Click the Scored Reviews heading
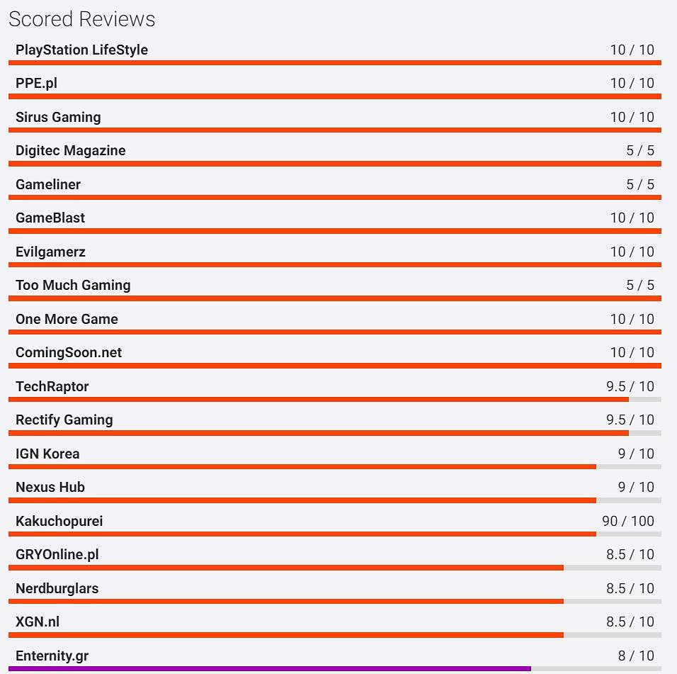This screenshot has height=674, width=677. pos(82,19)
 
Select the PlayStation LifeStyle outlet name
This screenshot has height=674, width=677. pos(81,50)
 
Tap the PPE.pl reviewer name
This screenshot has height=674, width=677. pos(36,83)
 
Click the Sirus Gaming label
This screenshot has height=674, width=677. pos(58,117)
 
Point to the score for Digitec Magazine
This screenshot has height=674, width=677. pos(640,150)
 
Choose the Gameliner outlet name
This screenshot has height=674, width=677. pos(48,184)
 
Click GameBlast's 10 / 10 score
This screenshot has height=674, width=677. pos(632,218)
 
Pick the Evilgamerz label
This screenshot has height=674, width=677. pos(50,252)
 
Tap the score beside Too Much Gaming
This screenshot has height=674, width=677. pos(640,285)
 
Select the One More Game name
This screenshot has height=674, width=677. pos(67,319)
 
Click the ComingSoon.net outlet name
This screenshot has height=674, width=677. pos(69,352)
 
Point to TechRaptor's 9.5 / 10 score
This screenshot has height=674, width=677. pos(630,386)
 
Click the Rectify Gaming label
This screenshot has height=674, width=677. pos(64,420)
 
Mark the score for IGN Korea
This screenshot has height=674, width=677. pos(636,454)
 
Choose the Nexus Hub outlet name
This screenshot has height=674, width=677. pos(50,487)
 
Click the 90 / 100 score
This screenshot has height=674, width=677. pos(628,521)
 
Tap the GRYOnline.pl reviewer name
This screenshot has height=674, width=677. pos(57,554)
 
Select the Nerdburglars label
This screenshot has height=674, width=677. pos(57,588)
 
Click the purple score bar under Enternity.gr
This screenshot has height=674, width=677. pos(269,668)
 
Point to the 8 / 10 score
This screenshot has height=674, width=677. pos(636,656)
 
